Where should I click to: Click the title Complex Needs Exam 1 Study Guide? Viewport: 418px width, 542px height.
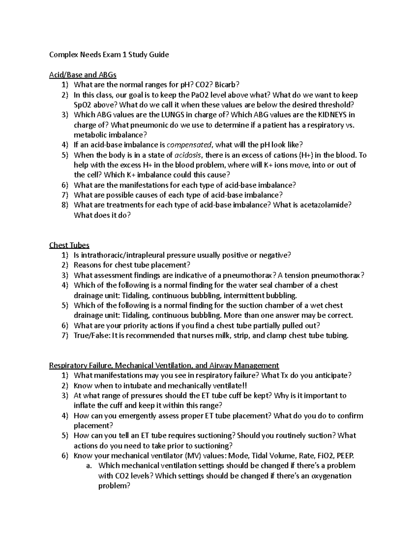109,54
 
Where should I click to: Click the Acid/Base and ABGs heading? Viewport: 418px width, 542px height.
83,75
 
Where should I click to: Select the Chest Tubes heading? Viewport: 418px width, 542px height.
69,245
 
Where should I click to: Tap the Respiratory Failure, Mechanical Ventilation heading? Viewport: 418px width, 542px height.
164,365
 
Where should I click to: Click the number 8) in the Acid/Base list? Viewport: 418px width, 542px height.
65,205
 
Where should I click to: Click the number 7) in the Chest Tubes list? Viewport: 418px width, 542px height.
65,335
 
